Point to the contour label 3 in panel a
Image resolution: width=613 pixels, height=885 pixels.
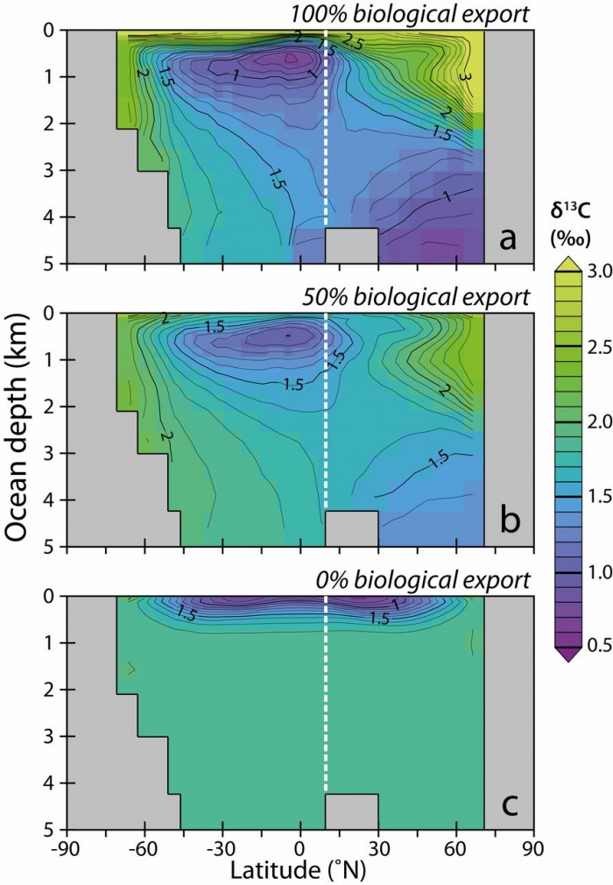coord(464,78)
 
